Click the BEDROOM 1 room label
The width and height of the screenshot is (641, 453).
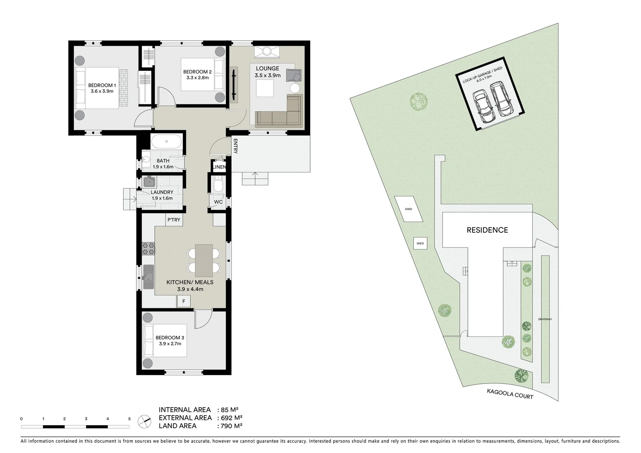pos(101,86)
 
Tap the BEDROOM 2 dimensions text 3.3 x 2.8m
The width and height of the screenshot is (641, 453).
pos(197,77)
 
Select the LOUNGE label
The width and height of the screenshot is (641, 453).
pos(267,68)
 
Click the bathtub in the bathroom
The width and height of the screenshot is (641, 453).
pos(166,141)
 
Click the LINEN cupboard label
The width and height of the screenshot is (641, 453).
pos(219,167)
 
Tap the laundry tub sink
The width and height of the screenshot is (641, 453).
pos(149,182)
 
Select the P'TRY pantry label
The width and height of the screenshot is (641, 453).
pos(174,220)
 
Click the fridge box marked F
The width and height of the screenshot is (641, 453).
pos(184,301)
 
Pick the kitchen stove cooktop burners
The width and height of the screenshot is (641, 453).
pos(148,249)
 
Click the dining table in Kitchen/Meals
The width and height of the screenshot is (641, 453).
pos(204,260)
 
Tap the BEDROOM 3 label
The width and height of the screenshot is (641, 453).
pos(170,338)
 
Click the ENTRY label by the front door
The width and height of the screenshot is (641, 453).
pos(235,146)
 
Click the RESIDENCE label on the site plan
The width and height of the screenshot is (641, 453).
pos(487,230)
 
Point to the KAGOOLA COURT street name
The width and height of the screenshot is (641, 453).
pos(510,394)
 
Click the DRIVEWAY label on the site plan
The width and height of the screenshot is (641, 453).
pos(545,319)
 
